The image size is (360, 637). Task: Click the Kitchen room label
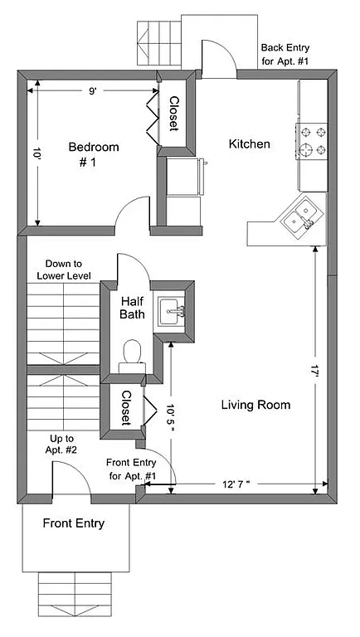coord(249,144)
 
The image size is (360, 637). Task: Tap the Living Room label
coord(255,405)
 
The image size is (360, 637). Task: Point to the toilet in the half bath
coord(131,354)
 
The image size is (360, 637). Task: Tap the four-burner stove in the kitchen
coord(311,141)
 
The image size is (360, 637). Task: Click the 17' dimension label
coord(314,373)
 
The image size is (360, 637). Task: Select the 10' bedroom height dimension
coord(36,153)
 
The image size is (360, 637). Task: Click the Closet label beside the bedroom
coord(174,114)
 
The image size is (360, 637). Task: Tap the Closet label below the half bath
coord(126,407)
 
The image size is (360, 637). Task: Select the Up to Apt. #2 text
coord(62,444)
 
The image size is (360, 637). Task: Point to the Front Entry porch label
coord(75,523)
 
